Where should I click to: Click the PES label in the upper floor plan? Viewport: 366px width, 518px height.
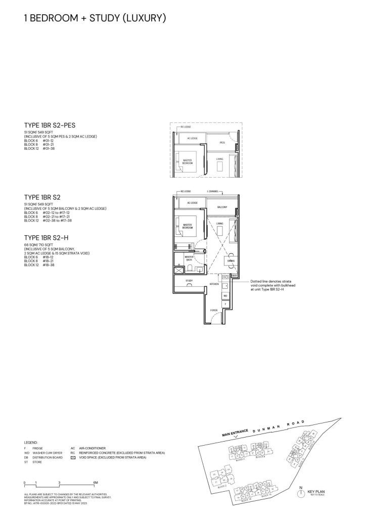[222, 143]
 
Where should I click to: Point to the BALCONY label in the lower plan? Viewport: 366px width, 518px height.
[222, 207]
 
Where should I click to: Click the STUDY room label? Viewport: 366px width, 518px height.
[189, 280]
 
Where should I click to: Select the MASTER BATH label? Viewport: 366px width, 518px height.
[190, 258]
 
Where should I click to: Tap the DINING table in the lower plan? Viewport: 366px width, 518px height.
[230, 260]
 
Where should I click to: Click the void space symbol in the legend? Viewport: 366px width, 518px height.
[73, 457]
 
